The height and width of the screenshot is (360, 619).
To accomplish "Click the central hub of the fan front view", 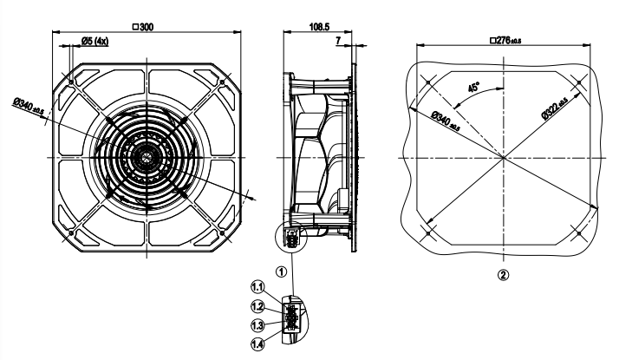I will (145, 157).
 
